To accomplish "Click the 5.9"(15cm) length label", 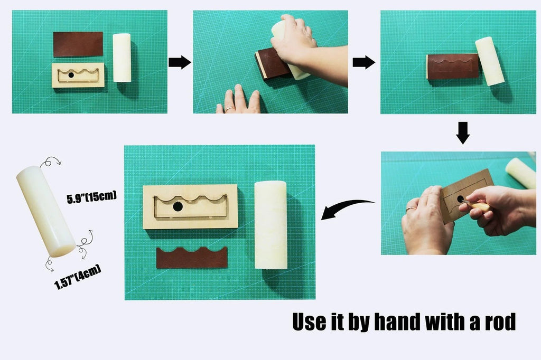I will point(91,198).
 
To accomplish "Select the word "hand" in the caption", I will point(401,322).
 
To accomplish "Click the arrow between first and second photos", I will point(180,62).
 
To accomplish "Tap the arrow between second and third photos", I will point(363,62).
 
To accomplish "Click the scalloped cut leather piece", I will point(192,257).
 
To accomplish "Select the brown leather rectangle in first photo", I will point(78,44).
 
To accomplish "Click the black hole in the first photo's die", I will point(71,75).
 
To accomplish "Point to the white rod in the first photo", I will point(122,58).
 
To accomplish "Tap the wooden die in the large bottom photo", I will point(190,206).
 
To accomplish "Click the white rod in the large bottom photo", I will point(270,224).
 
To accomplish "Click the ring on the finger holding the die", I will point(409,209).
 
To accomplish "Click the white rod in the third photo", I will point(490,61).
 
